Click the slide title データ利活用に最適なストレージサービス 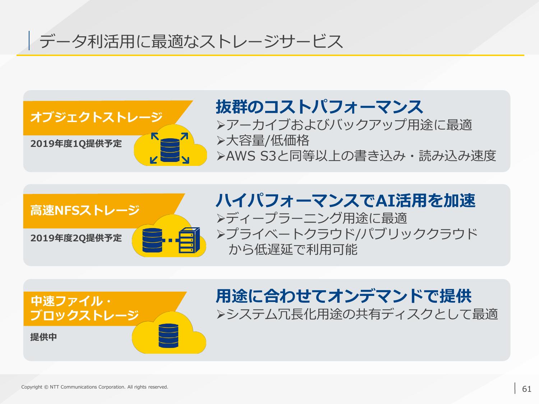(x=191, y=41)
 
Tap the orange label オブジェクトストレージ (x=96, y=117)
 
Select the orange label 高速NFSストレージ (x=85, y=210)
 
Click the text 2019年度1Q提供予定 (x=76, y=144)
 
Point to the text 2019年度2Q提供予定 (x=76, y=238)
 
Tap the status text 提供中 (x=43, y=337)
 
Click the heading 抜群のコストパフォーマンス (x=319, y=107)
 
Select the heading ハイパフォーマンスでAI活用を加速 (x=346, y=200)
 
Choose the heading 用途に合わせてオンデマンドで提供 (x=344, y=296)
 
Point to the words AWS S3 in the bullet (x=251, y=156)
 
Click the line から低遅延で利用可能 (x=293, y=250)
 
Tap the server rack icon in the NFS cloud (x=189, y=240)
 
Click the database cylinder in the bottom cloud (x=169, y=335)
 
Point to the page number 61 (x=527, y=389)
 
